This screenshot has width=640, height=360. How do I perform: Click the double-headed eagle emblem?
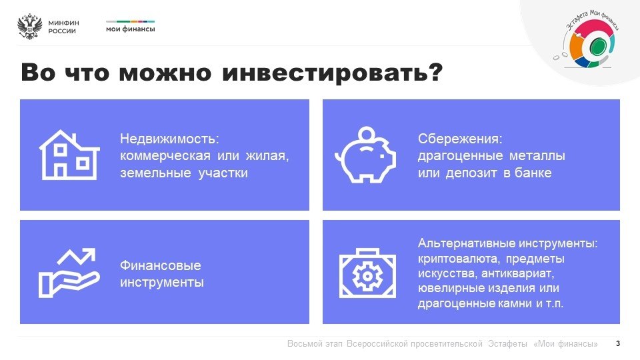(x=30, y=27)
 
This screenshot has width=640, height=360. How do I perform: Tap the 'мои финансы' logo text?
(x=130, y=29)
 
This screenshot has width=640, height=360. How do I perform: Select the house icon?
(x=69, y=155)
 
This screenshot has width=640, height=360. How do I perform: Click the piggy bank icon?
(x=365, y=155)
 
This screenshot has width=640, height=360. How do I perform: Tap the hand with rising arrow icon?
(x=69, y=273)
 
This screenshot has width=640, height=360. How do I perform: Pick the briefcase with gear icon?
(x=367, y=273)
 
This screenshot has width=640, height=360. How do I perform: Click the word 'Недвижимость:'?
(x=169, y=139)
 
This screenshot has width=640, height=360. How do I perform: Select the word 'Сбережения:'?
(x=460, y=139)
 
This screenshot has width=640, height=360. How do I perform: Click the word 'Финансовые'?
(x=161, y=265)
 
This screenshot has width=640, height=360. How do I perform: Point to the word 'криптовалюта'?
(x=458, y=259)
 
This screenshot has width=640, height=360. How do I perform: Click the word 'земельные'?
(x=155, y=173)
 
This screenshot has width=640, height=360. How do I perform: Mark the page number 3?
(x=618, y=344)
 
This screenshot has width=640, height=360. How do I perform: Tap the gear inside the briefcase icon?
(x=367, y=276)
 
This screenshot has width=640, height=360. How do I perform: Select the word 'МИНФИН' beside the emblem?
(x=63, y=23)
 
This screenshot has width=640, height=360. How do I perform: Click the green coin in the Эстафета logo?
(x=597, y=45)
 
